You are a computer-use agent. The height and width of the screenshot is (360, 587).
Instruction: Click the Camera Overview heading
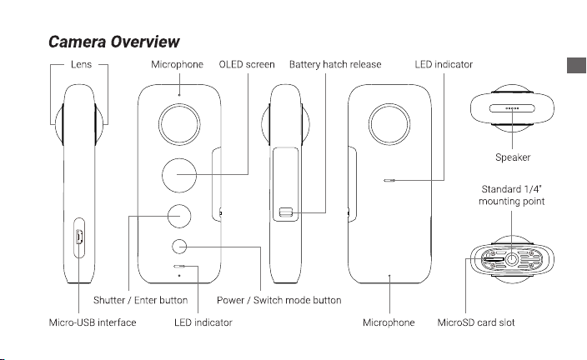[x=114, y=42]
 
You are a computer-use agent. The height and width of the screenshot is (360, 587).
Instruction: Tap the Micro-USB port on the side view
[x=79, y=237]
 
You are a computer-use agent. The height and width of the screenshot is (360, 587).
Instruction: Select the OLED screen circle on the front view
[x=179, y=175]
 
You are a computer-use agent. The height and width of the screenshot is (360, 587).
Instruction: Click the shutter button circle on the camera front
[x=179, y=216]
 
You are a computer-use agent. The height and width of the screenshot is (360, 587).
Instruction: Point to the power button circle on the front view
[x=180, y=247]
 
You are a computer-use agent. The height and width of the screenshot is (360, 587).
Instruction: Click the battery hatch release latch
[x=285, y=213]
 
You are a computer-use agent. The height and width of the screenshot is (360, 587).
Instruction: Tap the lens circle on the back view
[x=389, y=124]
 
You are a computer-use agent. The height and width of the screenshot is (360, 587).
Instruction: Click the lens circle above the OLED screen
[x=179, y=124]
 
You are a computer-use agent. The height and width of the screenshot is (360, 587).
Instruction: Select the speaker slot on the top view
[x=512, y=108]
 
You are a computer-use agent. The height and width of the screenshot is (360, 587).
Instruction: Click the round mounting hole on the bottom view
[x=511, y=259]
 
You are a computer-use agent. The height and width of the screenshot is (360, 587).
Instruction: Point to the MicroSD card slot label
[x=476, y=322]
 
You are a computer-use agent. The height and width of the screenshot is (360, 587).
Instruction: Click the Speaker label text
[x=513, y=157]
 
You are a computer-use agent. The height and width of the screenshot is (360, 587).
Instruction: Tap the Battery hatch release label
[x=335, y=64]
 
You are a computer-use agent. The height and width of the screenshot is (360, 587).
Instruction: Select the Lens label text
[x=81, y=64]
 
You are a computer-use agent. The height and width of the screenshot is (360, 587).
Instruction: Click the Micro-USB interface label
[x=93, y=322]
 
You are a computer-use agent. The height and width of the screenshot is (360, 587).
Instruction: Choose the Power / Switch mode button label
[x=278, y=300]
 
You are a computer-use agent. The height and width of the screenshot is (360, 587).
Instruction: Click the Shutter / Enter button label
[x=140, y=300]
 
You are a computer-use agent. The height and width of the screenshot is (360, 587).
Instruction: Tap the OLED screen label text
[x=247, y=64]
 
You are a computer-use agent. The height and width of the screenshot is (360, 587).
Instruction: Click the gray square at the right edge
[x=576, y=66]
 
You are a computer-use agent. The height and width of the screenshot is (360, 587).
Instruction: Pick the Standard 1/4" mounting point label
[x=512, y=195]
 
